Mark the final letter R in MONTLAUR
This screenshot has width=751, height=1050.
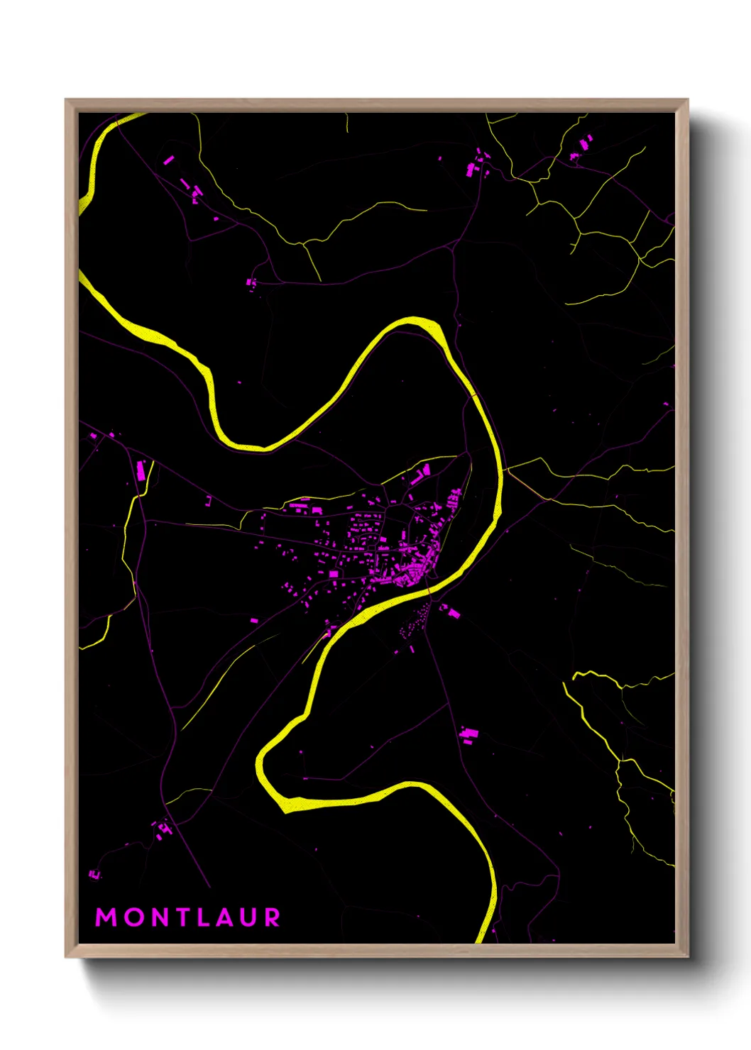[272, 917]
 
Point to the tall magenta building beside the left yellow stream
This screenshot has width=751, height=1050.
[141, 470]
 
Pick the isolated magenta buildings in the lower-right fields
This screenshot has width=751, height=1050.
[468, 734]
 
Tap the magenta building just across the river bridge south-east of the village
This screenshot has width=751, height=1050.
[451, 611]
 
